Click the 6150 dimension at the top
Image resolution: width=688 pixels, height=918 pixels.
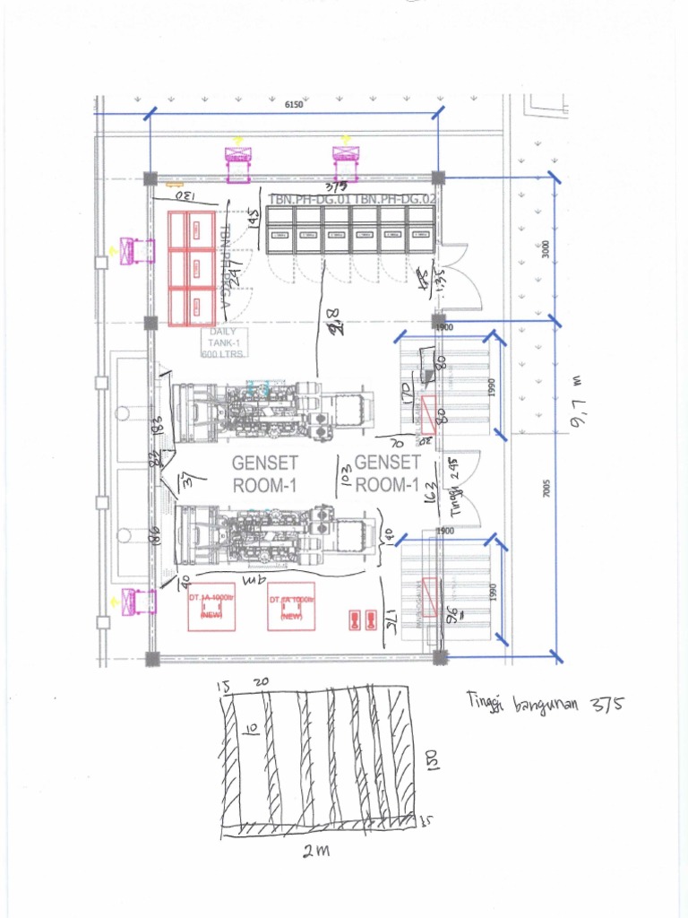pyautogui.click(x=294, y=105)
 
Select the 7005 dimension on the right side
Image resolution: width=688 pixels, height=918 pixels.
pyautogui.click(x=546, y=489)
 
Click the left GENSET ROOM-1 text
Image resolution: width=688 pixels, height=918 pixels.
pyautogui.click(x=264, y=474)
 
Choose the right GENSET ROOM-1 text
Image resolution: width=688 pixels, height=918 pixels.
pyautogui.click(x=387, y=473)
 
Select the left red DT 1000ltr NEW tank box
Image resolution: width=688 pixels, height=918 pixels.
pyautogui.click(x=211, y=607)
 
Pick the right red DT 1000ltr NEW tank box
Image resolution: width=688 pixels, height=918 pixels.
pyautogui.click(x=291, y=607)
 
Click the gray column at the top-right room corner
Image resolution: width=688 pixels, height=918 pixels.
pyautogui.click(x=438, y=178)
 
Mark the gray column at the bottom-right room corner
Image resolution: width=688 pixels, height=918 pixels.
pyautogui.click(x=439, y=657)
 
